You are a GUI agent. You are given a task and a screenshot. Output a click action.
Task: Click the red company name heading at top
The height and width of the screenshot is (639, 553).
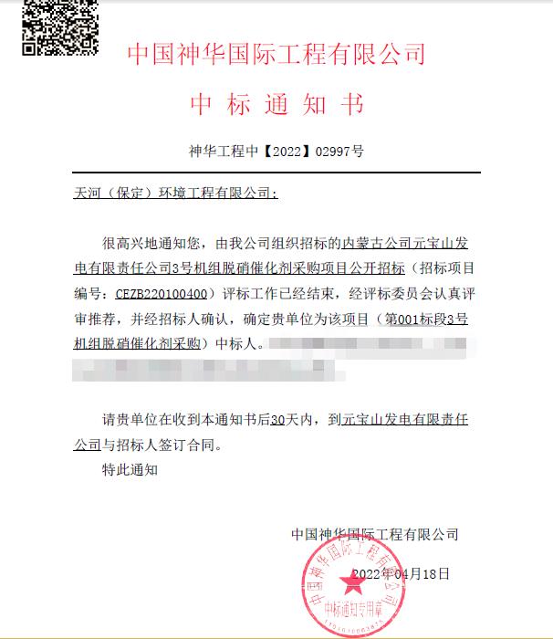(276, 54)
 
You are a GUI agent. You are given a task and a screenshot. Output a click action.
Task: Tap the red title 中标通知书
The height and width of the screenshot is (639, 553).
(276, 105)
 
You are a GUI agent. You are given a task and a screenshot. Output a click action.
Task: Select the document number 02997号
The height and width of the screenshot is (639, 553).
(339, 152)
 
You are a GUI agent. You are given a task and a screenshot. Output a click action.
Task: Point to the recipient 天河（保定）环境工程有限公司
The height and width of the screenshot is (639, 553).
(172, 194)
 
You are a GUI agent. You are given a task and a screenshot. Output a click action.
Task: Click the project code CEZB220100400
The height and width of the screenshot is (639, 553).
(161, 294)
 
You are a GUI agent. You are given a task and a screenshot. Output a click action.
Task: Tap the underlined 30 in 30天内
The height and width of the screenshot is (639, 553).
(279, 421)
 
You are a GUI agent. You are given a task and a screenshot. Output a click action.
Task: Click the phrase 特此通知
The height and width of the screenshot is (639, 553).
(130, 471)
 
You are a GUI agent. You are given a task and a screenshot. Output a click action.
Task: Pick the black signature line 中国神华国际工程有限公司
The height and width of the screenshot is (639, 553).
(374, 534)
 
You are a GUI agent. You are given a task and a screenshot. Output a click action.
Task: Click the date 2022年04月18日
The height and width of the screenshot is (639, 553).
(401, 573)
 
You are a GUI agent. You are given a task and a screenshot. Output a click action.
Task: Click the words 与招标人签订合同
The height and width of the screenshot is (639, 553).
(162, 446)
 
